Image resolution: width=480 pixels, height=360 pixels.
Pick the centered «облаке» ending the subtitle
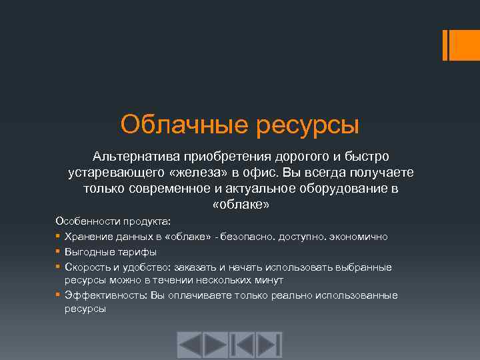click(240, 205)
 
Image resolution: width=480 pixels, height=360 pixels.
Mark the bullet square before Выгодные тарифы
click(59, 252)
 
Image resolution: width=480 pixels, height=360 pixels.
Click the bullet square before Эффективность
click(59, 295)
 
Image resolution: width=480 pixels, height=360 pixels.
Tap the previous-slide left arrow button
click(189, 345)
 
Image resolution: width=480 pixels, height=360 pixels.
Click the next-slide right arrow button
click(216, 345)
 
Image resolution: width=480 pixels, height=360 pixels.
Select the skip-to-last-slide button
click(269, 345)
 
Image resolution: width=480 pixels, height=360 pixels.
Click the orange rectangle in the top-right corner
click(460, 44)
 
